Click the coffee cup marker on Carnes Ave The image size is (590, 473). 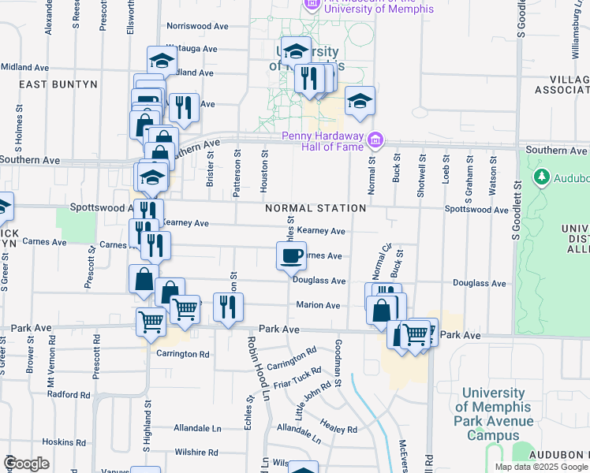pos(291,255)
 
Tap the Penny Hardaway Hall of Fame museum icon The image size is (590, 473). pos(375,140)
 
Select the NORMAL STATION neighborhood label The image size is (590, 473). pos(316,208)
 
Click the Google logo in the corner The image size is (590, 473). pos(27,464)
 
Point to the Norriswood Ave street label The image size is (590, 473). pos(197,26)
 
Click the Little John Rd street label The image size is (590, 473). pos(313,401)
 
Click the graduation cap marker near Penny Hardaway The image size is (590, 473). pos(360,101)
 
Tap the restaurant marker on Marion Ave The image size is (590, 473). pos(228,307)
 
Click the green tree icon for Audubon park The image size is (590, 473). pos(541,176)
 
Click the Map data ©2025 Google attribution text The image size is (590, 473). pos(541,467)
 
